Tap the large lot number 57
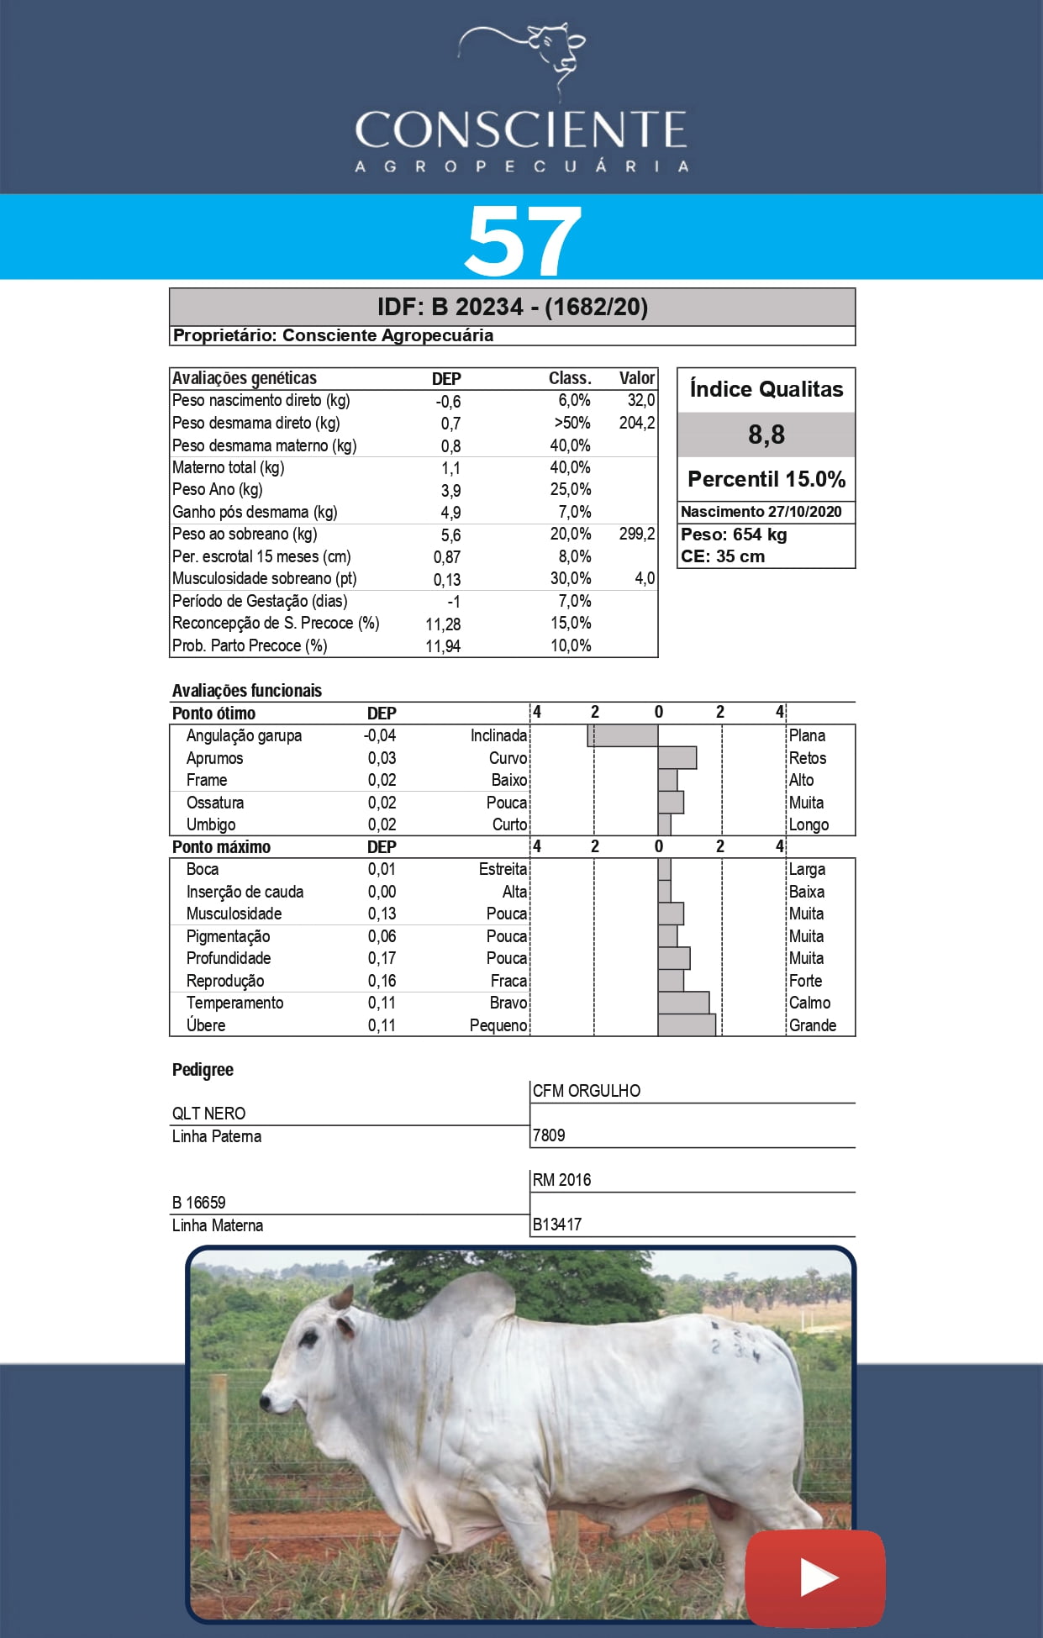(522, 240)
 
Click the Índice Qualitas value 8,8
(766, 435)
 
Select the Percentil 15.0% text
(766, 479)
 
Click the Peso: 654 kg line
(734, 535)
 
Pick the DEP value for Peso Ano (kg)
(450, 491)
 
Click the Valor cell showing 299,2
(636, 535)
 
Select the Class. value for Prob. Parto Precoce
(571, 645)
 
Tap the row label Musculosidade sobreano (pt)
(264, 579)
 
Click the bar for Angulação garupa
(623, 736)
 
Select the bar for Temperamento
(683, 1003)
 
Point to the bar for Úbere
(687, 1025)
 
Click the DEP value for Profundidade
(382, 958)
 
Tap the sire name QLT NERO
(209, 1114)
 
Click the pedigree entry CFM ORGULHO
(586, 1091)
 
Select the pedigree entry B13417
(557, 1225)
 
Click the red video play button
(814, 1577)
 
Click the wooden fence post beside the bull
(219, 1462)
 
